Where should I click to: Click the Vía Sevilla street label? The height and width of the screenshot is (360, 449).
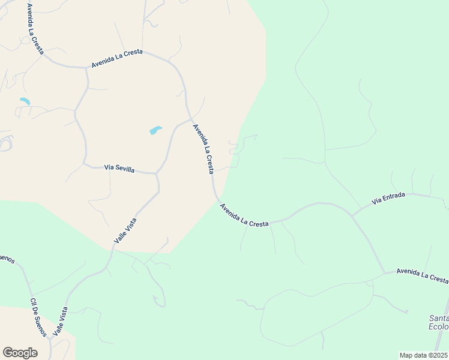pyautogui.click(x=119, y=169)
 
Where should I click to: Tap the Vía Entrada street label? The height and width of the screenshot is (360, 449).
pyautogui.click(x=388, y=198)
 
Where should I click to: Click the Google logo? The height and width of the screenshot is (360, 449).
pyautogui.click(x=20, y=352)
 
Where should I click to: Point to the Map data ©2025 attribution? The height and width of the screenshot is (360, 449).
pyautogui.click(x=423, y=355)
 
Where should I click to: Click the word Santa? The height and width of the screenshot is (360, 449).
pyautogui.click(x=439, y=318)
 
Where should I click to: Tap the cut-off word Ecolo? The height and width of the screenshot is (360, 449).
pyautogui.click(x=439, y=326)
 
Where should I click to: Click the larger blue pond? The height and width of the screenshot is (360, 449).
pyautogui.click(x=155, y=130)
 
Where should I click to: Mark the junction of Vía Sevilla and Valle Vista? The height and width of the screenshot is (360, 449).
pyautogui.click(x=156, y=173)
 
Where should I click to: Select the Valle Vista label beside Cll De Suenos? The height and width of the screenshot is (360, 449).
pyautogui.click(x=60, y=321)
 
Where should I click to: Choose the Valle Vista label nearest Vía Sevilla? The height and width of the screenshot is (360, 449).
pyautogui.click(x=125, y=230)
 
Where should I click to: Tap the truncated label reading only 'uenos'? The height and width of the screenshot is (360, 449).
pyautogui.click(x=6, y=259)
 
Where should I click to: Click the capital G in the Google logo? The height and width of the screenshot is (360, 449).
pyautogui.click(x=8, y=352)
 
